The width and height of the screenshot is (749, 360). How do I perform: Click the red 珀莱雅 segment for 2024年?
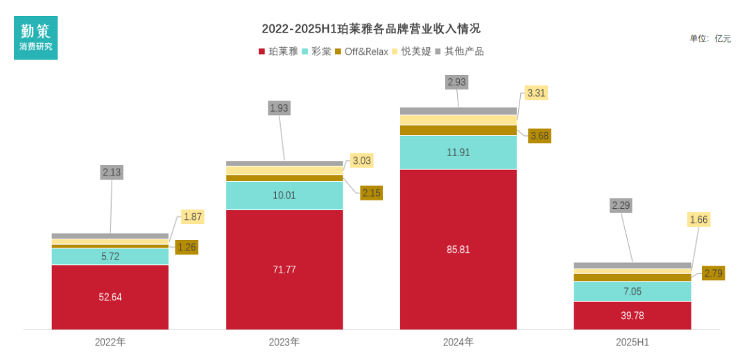(458, 249)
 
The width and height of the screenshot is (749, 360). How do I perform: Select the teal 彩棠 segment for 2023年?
(284, 196)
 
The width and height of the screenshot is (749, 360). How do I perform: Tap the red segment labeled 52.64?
(110, 297)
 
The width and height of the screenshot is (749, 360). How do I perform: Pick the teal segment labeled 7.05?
(632, 291)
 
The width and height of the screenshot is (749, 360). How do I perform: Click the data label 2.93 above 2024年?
(457, 82)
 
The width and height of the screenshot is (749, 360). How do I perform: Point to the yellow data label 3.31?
(537, 92)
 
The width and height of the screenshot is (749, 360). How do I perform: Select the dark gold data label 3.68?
(539, 136)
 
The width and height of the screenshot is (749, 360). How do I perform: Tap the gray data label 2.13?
(111, 173)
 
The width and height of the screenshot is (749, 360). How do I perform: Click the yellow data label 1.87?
(193, 217)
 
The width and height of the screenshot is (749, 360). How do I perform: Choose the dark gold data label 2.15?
(372, 193)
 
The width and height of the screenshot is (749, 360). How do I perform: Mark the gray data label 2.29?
(621, 205)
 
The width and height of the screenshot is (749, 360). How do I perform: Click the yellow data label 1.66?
(698, 220)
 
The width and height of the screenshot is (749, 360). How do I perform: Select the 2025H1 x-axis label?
(632, 343)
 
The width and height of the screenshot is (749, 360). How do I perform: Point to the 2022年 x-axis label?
(110, 343)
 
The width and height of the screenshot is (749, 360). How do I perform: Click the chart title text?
(371, 29)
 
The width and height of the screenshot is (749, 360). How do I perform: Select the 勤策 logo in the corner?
(36, 37)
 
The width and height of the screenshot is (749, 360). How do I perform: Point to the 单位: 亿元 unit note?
(709, 39)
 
